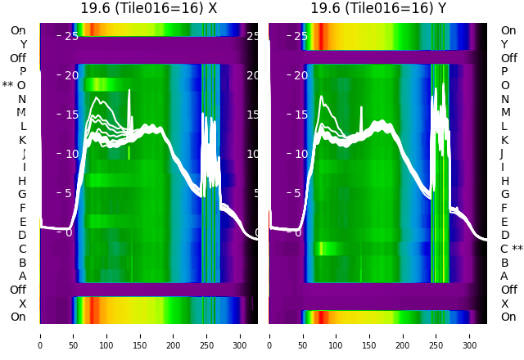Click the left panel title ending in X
click(x=148, y=8)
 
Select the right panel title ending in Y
click(x=378, y=8)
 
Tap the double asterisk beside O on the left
click(x=7, y=85)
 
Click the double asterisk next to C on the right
click(x=517, y=249)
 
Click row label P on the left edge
click(x=22, y=72)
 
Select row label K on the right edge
click(x=504, y=140)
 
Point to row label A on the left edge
click(x=22, y=276)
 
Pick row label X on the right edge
click(x=504, y=304)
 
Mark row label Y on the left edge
click(x=23, y=44)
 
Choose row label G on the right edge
click(x=504, y=194)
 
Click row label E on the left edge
click(x=22, y=222)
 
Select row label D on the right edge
click(x=504, y=235)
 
